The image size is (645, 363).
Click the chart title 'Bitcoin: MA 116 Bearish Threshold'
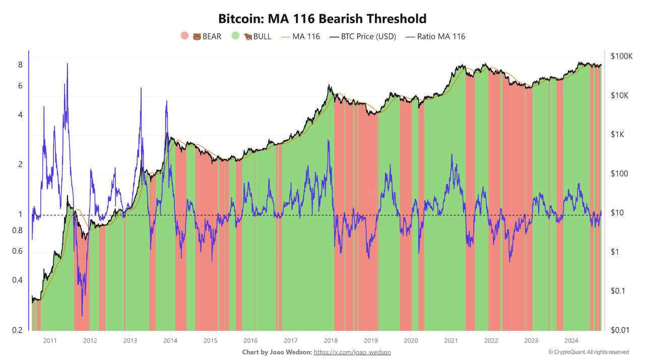pyautogui.click(x=322, y=19)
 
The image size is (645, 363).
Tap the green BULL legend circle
pyautogui.click(x=235, y=36)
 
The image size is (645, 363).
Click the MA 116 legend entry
pyautogui.click(x=300, y=36)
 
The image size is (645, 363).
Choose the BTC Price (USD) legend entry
pyautogui.click(x=363, y=36)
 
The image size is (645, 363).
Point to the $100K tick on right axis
pyautogui.click(x=621, y=56)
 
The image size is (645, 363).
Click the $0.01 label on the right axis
pyautogui.click(x=620, y=330)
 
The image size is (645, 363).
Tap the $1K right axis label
pyautogui.click(x=618, y=135)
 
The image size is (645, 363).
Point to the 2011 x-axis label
pyautogui.click(x=50, y=341)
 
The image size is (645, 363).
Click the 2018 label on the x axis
pyautogui.click(x=331, y=341)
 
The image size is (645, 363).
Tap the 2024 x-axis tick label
pyautogui.click(x=571, y=341)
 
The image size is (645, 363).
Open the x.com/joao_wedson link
pyautogui.click(x=352, y=352)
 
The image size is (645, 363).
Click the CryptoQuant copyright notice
pyautogui.click(x=588, y=352)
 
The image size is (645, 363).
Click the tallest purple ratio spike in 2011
pyautogui.click(x=67, y=64)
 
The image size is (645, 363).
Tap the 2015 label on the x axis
pyautogui.click(x=210, y=341)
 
